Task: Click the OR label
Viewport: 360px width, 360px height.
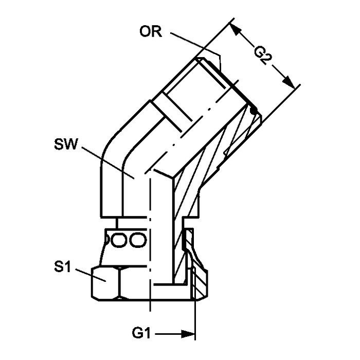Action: point(150,32)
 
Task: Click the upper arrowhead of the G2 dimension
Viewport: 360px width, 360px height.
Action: point(238,31)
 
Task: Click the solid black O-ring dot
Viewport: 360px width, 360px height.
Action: point(252,110)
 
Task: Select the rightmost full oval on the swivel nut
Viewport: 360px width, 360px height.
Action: point(137,240)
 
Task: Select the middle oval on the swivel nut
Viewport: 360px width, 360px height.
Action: point(121,240)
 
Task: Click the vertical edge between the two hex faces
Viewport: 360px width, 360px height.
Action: point(118,284)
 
